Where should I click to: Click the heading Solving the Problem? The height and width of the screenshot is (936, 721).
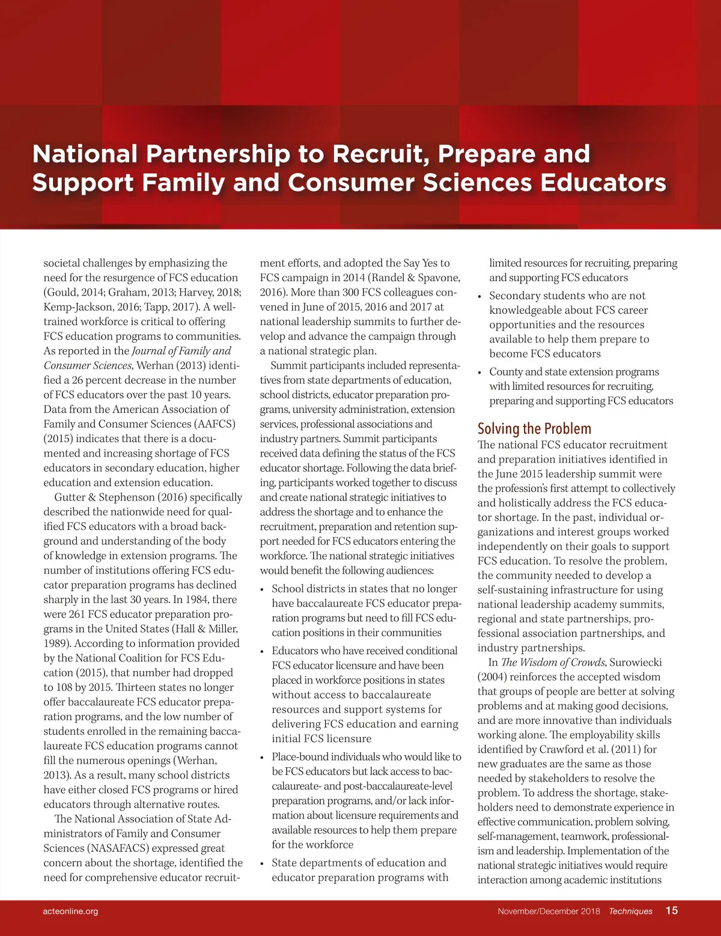pos(534,428)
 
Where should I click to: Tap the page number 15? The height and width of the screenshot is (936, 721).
pos(671,910)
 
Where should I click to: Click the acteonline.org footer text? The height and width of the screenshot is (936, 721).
pos(70,911)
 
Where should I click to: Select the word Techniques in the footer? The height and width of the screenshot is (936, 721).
pos(630,911)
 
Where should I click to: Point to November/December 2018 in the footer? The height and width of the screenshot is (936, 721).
pos(549,911)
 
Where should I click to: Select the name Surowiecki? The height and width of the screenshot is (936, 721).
pos(636,662)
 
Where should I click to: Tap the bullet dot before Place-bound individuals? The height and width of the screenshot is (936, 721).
pos(262,758)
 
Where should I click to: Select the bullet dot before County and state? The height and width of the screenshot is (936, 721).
pos(479,373)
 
